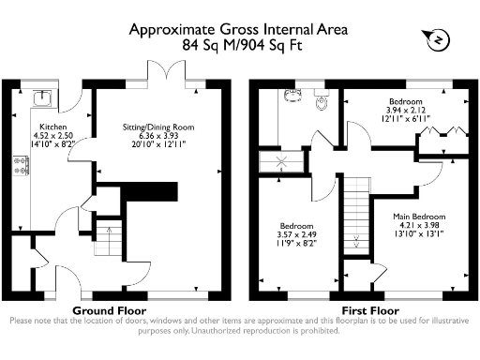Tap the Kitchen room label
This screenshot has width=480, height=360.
pyautogui.click(x=52, y=125)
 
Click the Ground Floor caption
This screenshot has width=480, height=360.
pyautogui.click(x=108, y=310)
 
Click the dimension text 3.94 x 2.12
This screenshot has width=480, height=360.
pyautogui.click(x=406, y=111)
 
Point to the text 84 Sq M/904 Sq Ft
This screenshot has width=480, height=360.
pyautogui.click(x=240, y=44)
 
